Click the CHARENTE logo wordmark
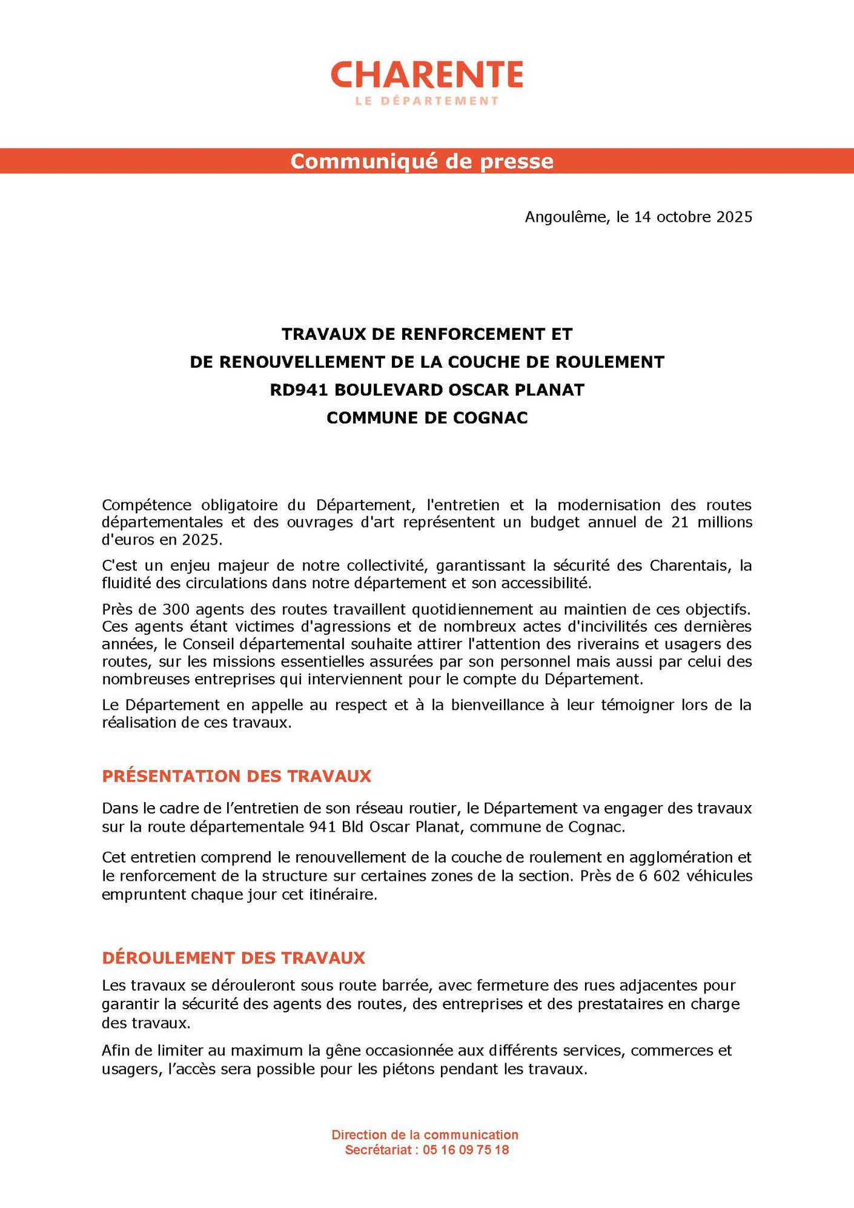pos(426,75)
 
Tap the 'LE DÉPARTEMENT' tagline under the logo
pos(426,101)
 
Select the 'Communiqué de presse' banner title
pos(422,161)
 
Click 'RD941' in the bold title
pos(299,390)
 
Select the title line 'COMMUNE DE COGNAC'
pos(427,417)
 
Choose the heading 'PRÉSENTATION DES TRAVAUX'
pos(236,776)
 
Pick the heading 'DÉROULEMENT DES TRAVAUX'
pos(233,958)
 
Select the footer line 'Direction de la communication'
pos(425,1135)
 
